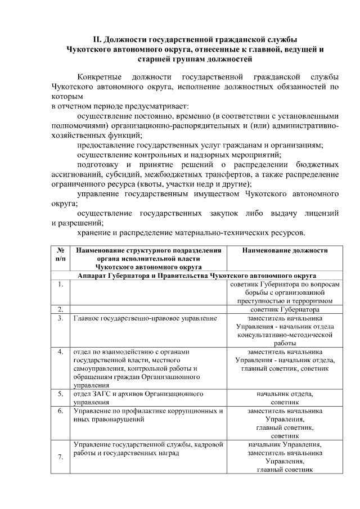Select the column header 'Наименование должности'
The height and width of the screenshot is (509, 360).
[x=285, y=250]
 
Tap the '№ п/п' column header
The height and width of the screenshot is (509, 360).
[x=60, y=254]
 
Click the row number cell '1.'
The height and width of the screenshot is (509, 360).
[x=60, y=285]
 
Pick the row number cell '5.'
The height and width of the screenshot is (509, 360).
[x=60, y=394]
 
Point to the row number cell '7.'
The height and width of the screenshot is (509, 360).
[x=60, y=457]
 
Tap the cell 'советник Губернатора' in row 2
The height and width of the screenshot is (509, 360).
[x=285, y=309]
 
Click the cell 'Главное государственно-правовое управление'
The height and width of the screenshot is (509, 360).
[x=145, y=318]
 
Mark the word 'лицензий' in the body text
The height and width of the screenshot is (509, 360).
[x=319, y=213]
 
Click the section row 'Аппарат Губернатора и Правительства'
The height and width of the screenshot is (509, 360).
[x=197, y=276]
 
